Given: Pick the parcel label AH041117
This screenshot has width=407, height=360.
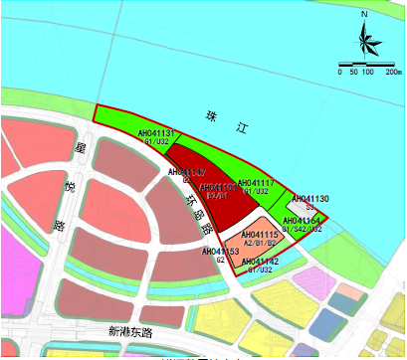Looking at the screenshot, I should (256, 183).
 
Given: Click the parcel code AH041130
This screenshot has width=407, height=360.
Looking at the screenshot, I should (310, 199).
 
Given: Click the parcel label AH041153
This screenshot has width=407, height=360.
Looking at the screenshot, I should (220, 252).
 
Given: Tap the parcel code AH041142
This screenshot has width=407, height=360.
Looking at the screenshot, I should (260, 262).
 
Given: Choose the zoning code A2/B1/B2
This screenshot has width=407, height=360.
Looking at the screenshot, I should (259, 243).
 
